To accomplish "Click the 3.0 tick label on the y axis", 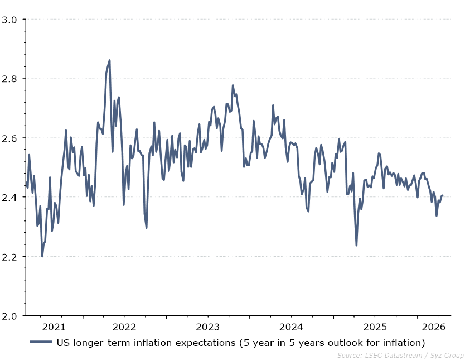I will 12,20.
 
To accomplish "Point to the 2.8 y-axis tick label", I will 12,79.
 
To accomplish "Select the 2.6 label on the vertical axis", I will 12,138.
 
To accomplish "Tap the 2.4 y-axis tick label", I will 12,198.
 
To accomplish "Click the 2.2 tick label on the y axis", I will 12,257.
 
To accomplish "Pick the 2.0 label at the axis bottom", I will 12,316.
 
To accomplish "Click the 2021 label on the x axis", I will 54,327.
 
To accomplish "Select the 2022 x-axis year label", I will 124,327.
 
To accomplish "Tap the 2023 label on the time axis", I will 208,327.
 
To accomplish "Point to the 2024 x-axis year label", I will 292,327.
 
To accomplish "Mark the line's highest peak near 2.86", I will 109,60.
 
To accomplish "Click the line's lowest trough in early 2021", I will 42,256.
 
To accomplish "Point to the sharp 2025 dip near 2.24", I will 356,245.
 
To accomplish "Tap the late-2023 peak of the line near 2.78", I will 232,85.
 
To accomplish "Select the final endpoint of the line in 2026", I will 442,195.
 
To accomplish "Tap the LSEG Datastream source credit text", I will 400,355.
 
